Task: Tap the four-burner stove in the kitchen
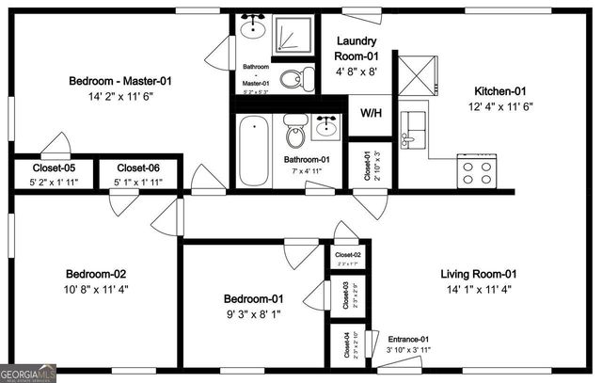pyautogui.click(x=477, y=171)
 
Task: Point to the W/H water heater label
pyautogui.click(x=372, y=115)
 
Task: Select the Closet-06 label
pyautogui.click(x=137, y=168)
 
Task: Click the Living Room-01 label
pyautogui.click(x=479, y=275)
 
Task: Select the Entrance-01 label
pyautogui.click(x=407, y=339)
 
